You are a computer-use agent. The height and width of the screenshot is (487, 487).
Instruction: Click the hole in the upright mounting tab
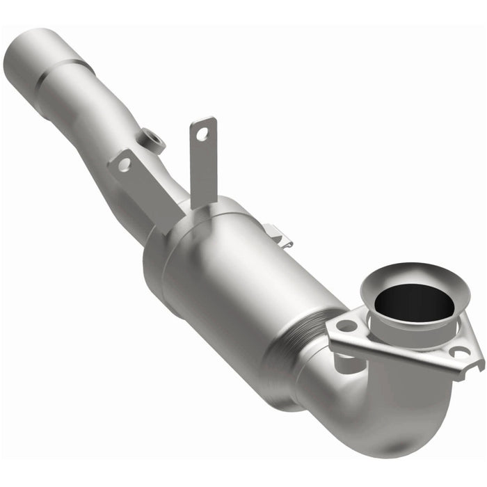(x=203, y=133)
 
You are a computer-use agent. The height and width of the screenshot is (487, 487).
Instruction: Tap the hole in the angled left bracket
(x=124, y=164)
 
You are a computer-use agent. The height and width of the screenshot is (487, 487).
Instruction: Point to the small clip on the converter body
(x=280, y=236)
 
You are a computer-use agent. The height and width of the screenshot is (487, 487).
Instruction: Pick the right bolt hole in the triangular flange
(x=458, y=353)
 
